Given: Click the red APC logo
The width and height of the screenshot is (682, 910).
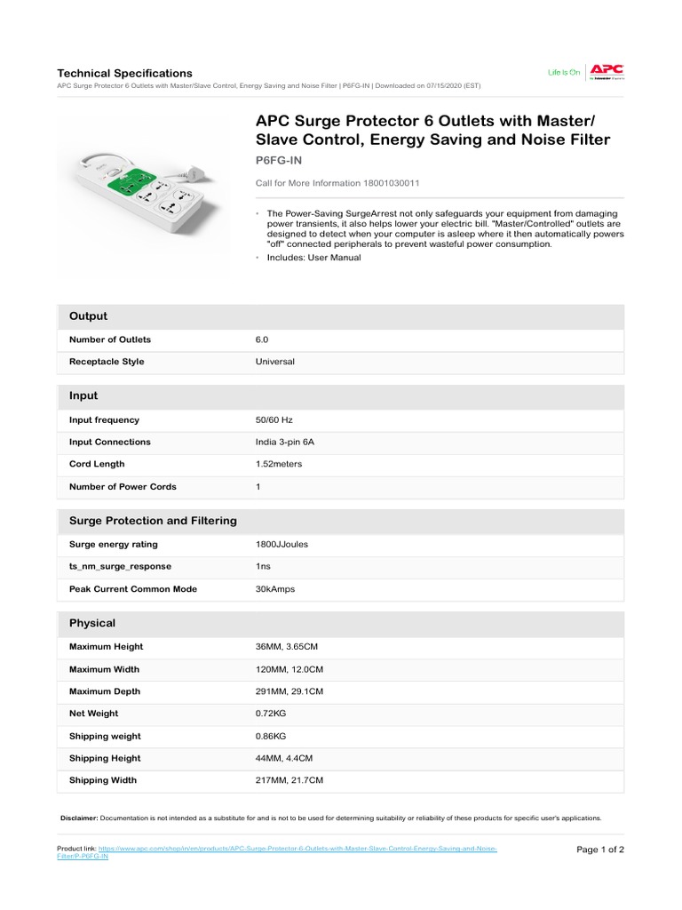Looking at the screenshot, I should [608, 69].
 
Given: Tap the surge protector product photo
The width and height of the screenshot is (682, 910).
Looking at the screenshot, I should [142, 188].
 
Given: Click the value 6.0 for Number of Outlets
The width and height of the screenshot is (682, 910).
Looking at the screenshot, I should [262, 339].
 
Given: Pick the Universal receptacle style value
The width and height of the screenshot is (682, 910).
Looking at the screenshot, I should [275, 362].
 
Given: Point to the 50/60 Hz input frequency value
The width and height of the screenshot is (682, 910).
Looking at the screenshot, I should [274, 419].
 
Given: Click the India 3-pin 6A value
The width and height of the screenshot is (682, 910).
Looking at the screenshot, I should [285, 442].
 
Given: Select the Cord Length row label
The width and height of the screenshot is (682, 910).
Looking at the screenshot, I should [97, 464].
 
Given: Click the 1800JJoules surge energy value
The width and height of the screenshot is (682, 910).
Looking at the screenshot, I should [282, 544].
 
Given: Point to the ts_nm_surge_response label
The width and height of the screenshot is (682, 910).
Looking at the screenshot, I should [120, 566].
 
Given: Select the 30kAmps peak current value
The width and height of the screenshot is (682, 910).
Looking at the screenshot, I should [275, 589].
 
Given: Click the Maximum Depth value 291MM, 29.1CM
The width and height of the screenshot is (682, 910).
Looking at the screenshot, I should [289, 691].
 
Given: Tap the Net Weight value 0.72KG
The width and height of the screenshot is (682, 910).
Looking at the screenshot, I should [271, 714].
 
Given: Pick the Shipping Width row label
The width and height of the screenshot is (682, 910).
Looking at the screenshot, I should [103, 780].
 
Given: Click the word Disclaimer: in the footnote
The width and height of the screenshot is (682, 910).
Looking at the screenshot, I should [79, 818].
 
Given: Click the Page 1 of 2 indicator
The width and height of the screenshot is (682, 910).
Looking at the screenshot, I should [600, 850].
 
